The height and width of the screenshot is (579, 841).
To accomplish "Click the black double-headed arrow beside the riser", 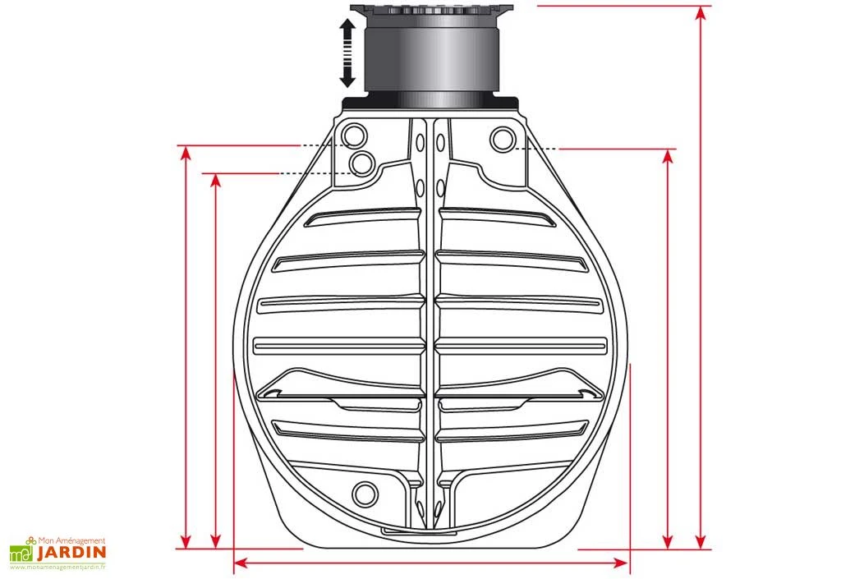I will click(x=347, y=53).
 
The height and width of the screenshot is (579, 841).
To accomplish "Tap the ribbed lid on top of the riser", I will click(x=431, y=10).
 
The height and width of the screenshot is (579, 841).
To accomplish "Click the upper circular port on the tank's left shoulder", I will click(x=355, y=135).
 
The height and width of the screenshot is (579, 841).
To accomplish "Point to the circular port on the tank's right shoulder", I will click(x=502, y=140).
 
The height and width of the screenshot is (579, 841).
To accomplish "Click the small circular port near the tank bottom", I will click(x=363, y=493).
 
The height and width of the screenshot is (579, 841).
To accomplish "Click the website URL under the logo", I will click(x=58, y=568).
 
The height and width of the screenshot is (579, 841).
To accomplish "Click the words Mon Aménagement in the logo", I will click(x=73, y=540).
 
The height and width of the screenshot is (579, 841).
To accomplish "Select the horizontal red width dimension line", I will click(x=431, y=563).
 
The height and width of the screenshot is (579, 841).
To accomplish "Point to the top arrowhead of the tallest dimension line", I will click(x=701, y=12).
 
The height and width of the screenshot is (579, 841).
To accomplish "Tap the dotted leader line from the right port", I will click(x=540, y=149).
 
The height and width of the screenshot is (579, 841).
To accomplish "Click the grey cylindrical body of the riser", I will click(x=430, y=57).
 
